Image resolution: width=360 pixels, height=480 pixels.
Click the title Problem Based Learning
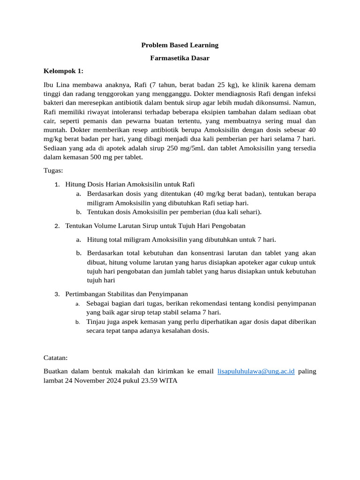[180, 45]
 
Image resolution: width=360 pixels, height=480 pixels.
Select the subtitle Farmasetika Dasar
[180, 58]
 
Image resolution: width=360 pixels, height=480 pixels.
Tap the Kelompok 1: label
[63, 71]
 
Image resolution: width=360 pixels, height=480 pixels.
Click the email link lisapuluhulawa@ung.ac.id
[256, 371]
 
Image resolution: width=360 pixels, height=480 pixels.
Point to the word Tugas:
[53, 171]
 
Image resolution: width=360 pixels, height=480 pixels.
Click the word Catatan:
[55, 358]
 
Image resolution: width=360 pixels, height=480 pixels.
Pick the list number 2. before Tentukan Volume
[57, 226]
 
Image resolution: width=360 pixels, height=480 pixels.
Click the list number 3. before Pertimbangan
[57, 294]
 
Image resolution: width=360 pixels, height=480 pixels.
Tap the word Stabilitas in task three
[119, 294]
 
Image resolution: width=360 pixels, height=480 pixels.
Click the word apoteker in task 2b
[238, 262]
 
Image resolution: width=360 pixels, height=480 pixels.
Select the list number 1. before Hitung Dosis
[57, 184]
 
